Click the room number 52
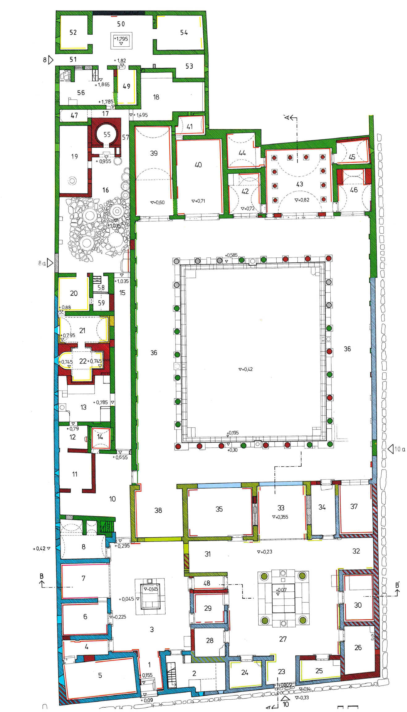click(73, 32)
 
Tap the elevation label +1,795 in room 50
click(121, 39)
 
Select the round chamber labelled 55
click(107, 134)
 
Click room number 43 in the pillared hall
click(299, 184)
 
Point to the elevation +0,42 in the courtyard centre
click(246, 369)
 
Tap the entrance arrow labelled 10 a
click(391, 449)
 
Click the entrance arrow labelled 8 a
click(50, 263)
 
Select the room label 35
click(219, 509)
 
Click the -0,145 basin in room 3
click(151, 589)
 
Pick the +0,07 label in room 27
click(281, 590)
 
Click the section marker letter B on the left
click(41, 576)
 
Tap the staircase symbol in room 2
click(172, 676)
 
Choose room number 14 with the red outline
click(100, 437)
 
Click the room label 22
click(83, 361)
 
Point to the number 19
click(74, 157)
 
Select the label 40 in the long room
click(198, 165)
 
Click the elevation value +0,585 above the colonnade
click(231, 255)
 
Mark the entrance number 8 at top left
click(45, 60)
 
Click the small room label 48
click(207, 583)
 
